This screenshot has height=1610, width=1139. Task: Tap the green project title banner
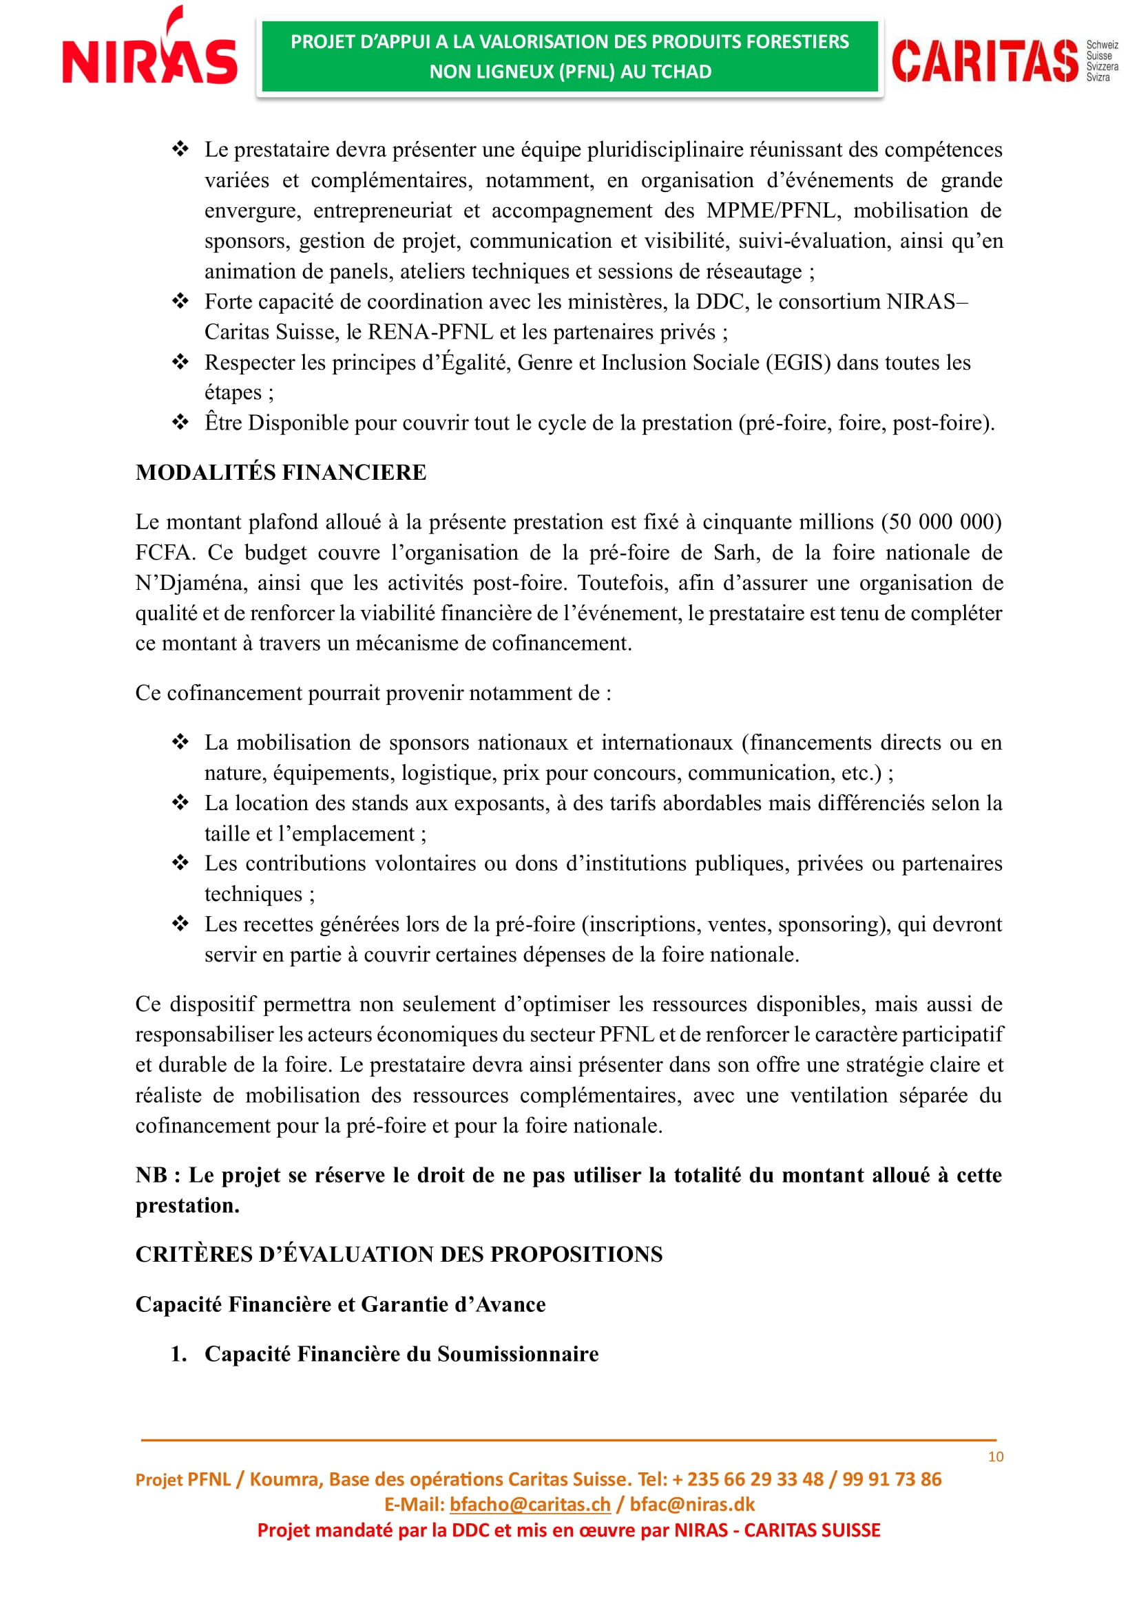tap(569, 57)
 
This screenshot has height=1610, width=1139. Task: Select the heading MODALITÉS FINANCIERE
tap(280, 473)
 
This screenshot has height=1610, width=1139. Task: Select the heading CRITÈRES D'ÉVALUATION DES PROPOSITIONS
tap(398, 1255)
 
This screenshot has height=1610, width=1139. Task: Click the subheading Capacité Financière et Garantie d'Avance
tap(340, 1305)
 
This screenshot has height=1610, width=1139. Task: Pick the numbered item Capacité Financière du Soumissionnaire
tap(401, 1354)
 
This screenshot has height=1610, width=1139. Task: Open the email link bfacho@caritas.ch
tap(530, 1505)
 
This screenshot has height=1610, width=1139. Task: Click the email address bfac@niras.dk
tap(691, 1505)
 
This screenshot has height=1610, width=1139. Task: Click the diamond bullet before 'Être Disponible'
tap(180, 422)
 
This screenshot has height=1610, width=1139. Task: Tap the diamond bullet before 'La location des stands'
tap(180, 802)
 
